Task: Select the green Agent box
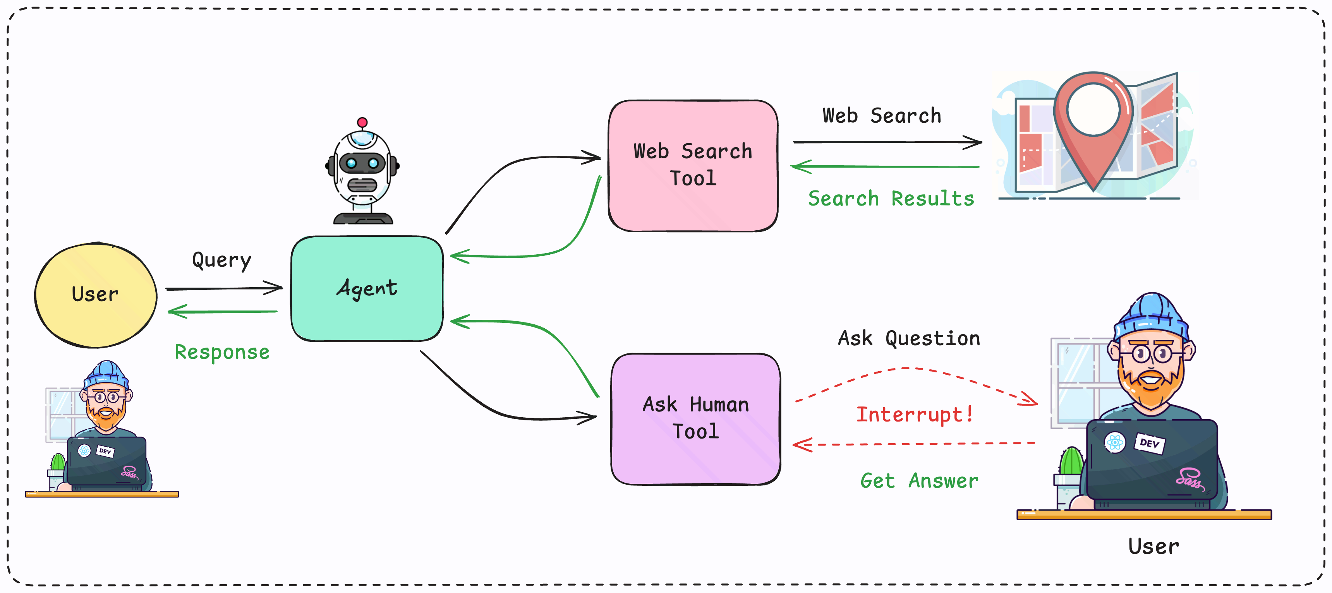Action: tap(367, 288)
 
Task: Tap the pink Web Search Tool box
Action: tap(693, 165)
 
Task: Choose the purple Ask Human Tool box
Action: tap(695, 419)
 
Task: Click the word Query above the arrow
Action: tap(221, 260)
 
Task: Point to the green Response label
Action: tap(222, 352)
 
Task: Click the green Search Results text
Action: tap(891, 199)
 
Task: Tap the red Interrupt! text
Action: tap(914, 414)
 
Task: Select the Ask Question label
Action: tap(908, 339)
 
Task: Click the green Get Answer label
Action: tap(919, 481)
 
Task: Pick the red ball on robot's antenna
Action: tap(362, 123)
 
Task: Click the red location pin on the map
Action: tap(1093, 124)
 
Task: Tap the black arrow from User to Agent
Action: tap(223, 288)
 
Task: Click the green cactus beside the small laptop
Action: tap(58, 462)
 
